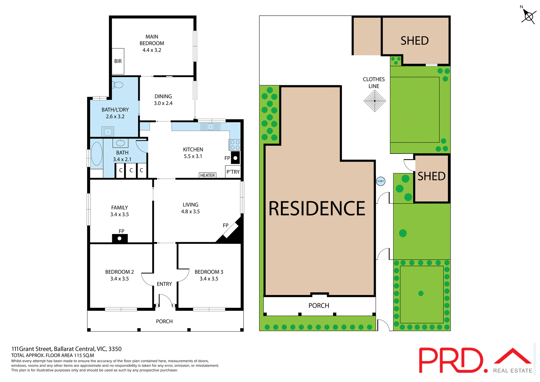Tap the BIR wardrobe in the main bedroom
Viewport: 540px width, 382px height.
118,61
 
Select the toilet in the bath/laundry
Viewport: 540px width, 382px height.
118,85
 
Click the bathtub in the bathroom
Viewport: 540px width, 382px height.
96,154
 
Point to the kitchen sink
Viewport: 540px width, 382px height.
210,127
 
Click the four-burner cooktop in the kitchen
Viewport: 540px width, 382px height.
235,145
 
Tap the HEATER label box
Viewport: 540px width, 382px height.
208,175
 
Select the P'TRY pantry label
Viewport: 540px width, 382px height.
233,172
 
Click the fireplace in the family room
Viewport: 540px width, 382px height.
120,238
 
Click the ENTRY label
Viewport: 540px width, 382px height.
164,284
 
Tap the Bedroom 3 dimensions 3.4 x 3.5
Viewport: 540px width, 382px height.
209,279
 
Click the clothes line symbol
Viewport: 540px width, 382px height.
375,101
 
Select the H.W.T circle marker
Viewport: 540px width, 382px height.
381,181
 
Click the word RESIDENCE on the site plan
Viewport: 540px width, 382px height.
317,208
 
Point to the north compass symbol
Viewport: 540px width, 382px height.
529,16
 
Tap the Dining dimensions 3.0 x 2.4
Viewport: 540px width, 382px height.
163,103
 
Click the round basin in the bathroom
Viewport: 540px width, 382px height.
120,143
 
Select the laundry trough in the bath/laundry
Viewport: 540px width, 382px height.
108,131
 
